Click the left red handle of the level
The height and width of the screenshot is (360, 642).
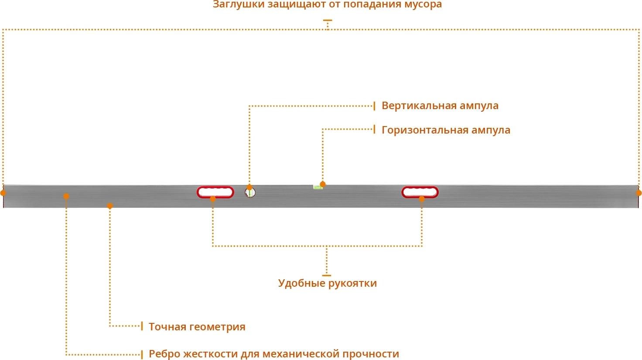[215, 192]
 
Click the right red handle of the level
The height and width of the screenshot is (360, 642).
[420, 192]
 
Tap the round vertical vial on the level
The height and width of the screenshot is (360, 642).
[250, 192]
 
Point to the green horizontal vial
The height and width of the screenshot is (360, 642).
[318, 187]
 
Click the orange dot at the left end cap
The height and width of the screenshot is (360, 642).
[3, 193]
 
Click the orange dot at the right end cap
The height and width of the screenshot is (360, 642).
[639, 193]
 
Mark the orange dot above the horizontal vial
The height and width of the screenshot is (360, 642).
[323, 184]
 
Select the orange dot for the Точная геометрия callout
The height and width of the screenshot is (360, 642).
[110, 206]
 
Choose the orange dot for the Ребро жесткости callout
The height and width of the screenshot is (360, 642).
[66, 196]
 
